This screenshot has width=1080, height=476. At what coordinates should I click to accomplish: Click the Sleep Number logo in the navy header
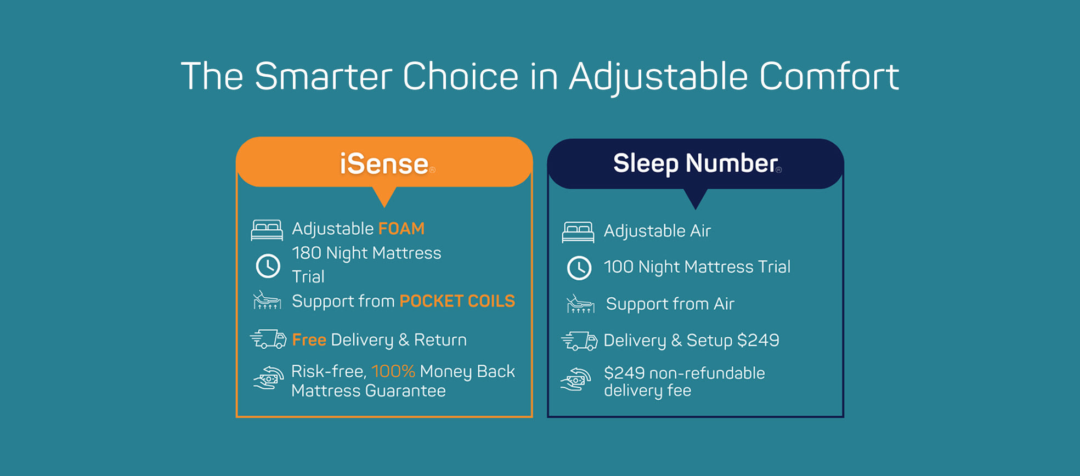point(697,163)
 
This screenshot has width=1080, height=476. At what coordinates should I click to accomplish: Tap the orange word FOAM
point(402,229)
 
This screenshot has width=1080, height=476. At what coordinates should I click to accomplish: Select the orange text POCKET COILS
point(457,301)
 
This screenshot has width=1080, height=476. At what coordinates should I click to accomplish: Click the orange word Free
point(309,340)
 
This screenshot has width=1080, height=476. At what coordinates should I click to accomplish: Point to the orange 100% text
point(393,371)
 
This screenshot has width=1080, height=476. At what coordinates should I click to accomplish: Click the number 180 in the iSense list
point(307,253)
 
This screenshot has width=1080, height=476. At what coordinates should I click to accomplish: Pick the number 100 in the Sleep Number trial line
point(619,267)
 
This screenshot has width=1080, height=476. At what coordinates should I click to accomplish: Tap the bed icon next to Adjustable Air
point(578,232)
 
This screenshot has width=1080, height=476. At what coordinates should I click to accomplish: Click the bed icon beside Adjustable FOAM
point(267,230)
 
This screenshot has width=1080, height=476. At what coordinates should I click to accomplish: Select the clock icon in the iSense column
point(268,266)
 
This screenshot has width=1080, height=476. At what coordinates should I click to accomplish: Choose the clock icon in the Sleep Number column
point(579,268)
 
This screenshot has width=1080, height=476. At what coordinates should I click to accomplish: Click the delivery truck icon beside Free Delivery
point(268,339)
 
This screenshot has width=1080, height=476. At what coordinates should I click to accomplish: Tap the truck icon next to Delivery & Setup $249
point(579,341)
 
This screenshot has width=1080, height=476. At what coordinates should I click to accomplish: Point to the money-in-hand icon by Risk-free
point(268,378)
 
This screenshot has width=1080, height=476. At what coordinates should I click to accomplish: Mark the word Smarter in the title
point(324,76)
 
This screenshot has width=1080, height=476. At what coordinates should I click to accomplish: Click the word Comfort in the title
point(829,76)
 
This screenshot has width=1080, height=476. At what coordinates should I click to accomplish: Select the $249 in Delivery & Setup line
point(758,341)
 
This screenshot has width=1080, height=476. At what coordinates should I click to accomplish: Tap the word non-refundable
point(707,373)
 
